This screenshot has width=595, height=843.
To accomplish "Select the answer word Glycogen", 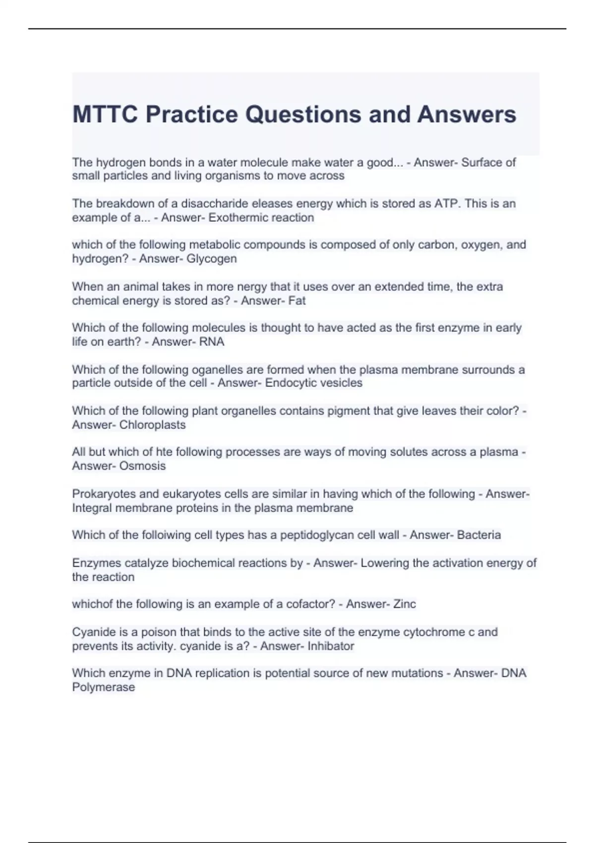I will coord(212,259).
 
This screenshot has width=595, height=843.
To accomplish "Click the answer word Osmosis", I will coord(143,466).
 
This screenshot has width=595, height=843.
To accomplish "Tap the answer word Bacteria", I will coord(479,535).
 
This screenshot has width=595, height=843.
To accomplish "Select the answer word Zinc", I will coord(405,604).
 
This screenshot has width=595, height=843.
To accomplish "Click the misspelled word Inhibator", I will coord(331,646).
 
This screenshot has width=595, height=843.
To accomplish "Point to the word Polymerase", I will coord(104,687).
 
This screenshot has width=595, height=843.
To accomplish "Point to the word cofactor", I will coord(305,604).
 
